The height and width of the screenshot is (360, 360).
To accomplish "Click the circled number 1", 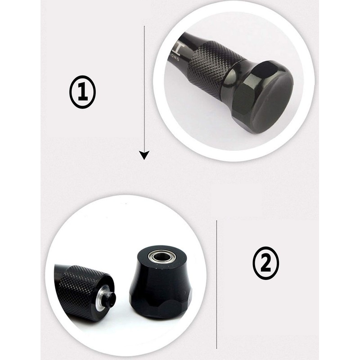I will (x=82, y=92).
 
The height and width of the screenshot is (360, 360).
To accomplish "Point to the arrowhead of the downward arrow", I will (x=144, y=156).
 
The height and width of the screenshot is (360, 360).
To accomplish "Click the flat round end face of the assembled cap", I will (x=270, y=99).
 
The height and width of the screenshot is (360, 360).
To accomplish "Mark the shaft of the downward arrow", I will (x=144, y=90).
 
